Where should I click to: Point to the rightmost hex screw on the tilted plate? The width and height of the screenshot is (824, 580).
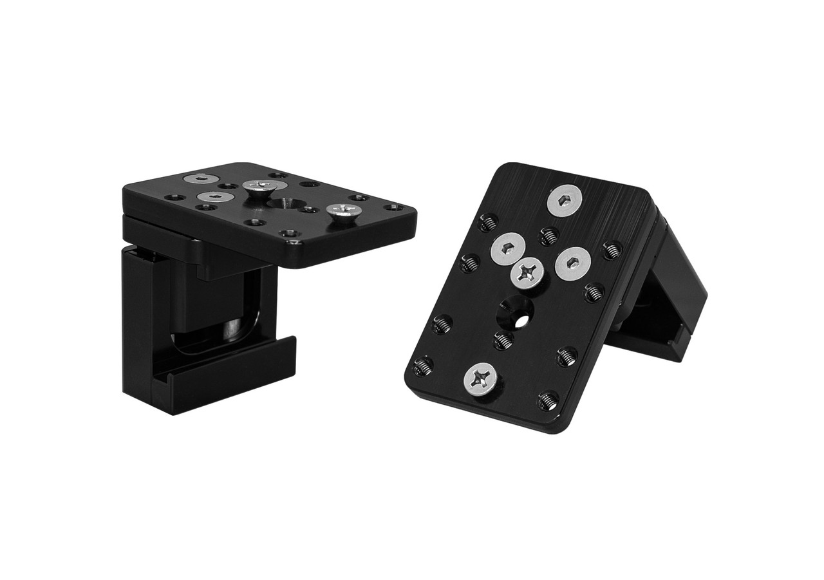tap(572, 263)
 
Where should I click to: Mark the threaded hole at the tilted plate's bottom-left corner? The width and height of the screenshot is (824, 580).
tap(422, 367)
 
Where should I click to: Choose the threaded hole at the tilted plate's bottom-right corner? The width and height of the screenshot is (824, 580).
tap(548, 400)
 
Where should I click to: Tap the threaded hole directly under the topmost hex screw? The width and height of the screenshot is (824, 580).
tap(548, 236)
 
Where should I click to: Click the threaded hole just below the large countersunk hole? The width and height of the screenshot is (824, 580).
tap(504, 339)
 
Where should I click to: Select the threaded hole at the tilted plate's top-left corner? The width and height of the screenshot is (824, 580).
tap(489, 222)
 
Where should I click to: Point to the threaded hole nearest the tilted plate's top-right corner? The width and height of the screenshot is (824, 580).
tap(612, 249)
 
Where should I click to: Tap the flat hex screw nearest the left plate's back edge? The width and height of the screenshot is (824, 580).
tap(201, 179)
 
